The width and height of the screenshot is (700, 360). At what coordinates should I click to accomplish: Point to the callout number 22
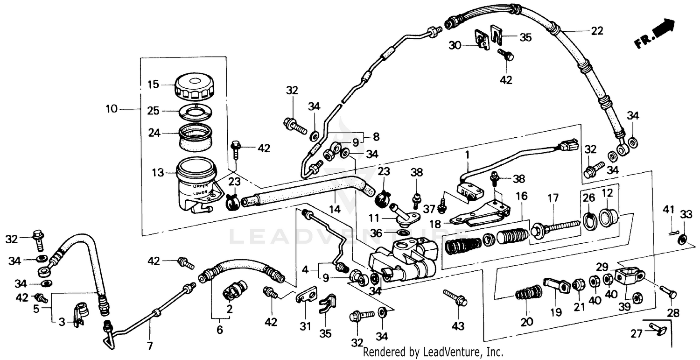click(x=597, y=31)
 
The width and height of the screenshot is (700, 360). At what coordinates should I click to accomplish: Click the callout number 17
click(x=553, y=198)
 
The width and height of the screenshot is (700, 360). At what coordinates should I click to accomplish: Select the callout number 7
click(x=150, y=346)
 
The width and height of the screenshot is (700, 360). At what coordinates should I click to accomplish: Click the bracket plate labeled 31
click(x=306, y=297)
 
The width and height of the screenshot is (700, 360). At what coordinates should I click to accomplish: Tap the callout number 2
click(x=230, y=309)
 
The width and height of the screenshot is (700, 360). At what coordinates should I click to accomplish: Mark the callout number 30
click(x=455, y=45)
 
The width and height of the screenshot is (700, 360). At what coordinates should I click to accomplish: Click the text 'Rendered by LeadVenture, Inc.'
click(x=433, y=352)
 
